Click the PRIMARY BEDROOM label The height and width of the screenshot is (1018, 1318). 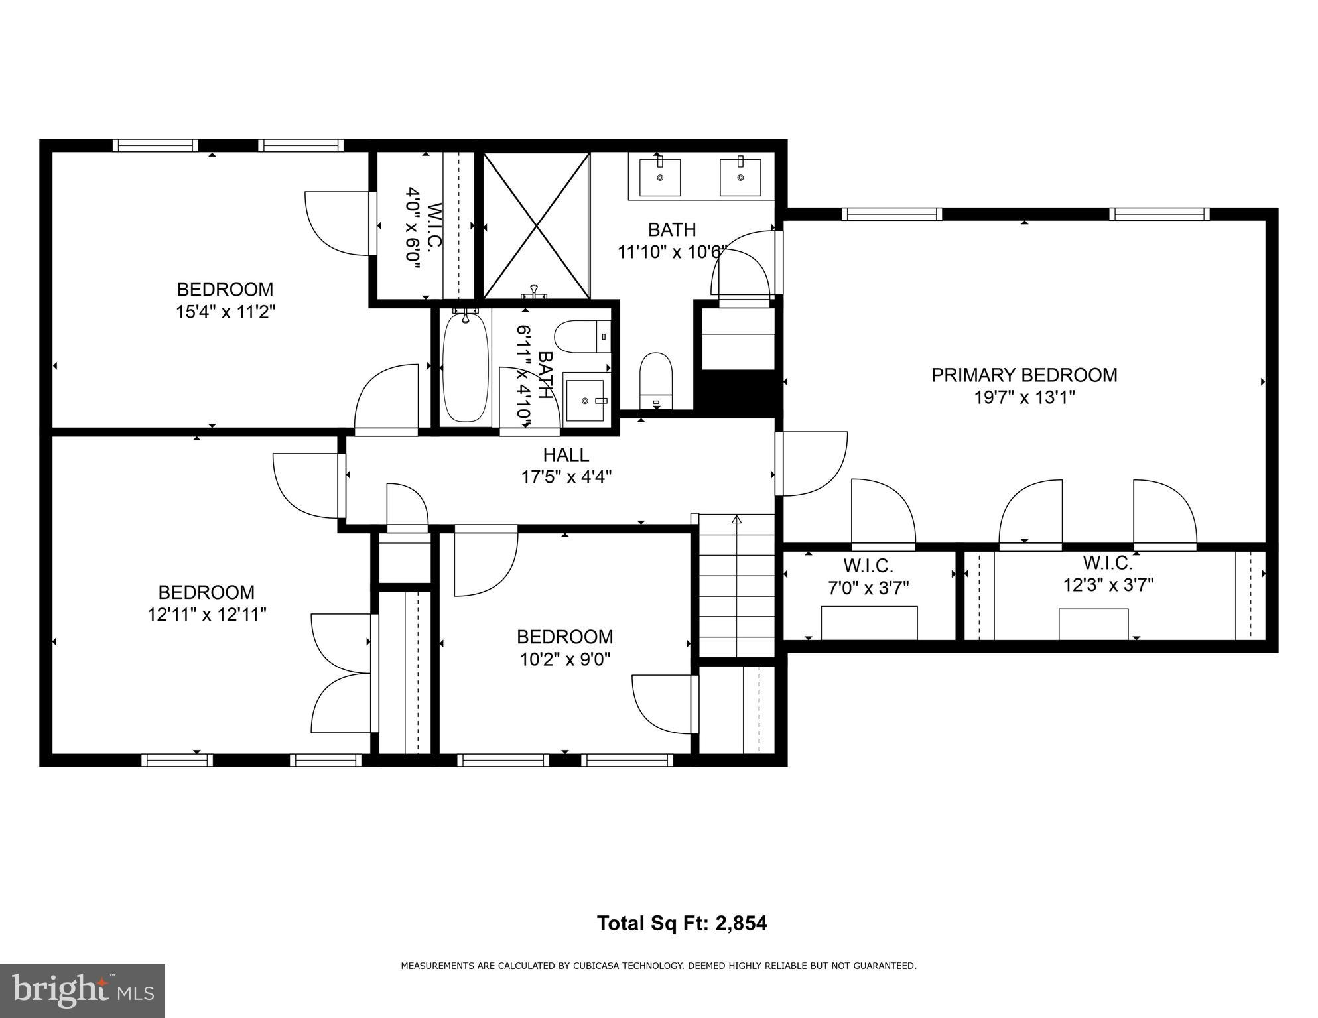(1023, 375)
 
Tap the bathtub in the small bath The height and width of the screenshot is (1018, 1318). (466, 368)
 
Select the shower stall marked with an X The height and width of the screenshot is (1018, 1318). (536, 225)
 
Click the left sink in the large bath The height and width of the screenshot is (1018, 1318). (659, 177)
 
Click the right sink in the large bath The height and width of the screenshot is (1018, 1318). (740, 177)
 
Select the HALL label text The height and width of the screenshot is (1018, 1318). (566, 455)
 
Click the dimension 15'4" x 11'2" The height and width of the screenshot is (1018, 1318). (225, 312)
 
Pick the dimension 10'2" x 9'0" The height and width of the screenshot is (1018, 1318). (564, 659)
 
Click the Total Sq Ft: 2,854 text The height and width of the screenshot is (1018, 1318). (681, 923)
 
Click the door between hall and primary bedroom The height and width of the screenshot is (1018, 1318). (811, 464)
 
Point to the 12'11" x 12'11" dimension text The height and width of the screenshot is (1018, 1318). (206, 615)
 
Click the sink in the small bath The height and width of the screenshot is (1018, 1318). (584, 400)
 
